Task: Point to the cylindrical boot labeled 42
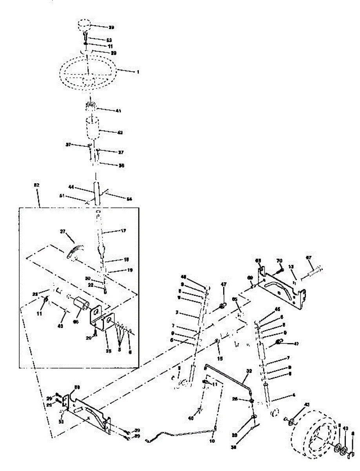[x=93, y=128]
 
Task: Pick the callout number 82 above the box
[x=37, y=185]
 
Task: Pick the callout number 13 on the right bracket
[x=291, y=267]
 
